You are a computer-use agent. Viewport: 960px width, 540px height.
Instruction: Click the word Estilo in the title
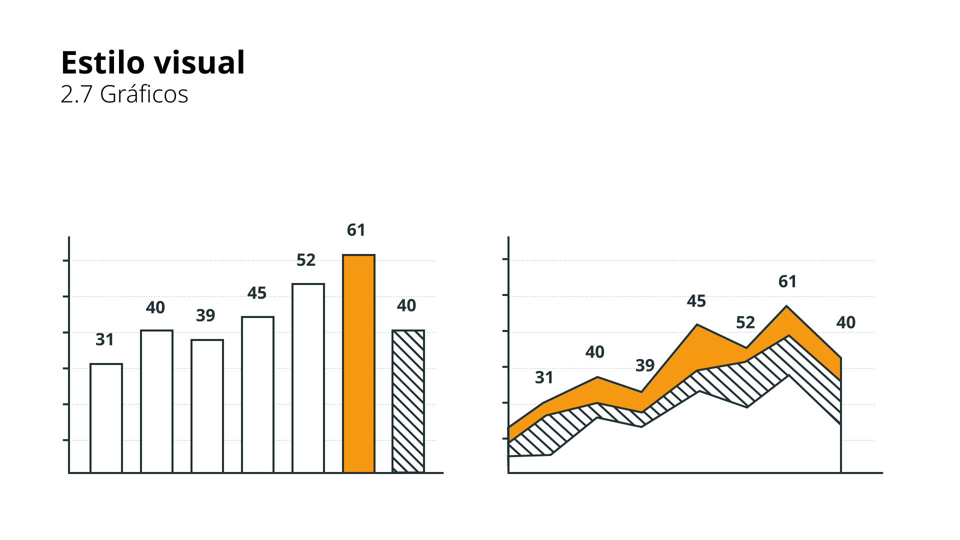pos(102,63)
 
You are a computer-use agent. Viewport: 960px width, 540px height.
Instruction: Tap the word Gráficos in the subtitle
pos(144,94)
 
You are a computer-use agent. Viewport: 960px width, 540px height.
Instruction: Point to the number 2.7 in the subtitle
pos(76,94)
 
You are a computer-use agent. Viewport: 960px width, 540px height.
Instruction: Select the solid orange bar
pos(358,363)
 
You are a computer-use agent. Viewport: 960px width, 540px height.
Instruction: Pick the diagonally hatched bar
pos(408,401)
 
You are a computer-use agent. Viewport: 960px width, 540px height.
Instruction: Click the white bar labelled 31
pos(106,418)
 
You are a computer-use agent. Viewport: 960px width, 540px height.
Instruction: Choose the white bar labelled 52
pos(308,378)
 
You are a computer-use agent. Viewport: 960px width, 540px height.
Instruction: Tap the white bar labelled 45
pos(257,394)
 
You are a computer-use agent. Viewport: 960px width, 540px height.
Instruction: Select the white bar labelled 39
pos(207,406)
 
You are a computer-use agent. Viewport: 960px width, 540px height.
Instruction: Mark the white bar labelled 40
pos(156,401)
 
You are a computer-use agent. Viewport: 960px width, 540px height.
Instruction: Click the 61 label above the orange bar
pos(356,230)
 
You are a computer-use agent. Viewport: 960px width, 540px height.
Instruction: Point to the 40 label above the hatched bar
pos(406,305)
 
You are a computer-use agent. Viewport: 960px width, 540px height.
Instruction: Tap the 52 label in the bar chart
pos(306,260)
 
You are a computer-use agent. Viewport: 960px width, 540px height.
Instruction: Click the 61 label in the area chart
pos(787,281)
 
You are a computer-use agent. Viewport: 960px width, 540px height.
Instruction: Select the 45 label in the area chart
pos(696,301)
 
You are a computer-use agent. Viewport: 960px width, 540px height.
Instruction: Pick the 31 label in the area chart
pos(544,377)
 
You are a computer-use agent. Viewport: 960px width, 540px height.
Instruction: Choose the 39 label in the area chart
pos(644,365)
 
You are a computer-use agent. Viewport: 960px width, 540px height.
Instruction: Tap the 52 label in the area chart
pos(745,322)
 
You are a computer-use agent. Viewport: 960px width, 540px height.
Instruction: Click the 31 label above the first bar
pos(104,339)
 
